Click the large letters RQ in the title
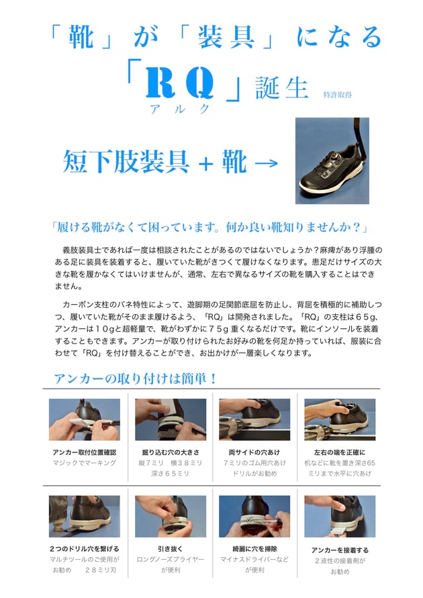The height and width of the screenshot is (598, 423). point(179,83)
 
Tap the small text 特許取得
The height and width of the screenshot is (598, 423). point(337,95)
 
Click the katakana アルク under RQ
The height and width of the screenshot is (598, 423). point(180,109)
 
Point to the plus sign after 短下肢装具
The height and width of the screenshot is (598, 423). point(205,163)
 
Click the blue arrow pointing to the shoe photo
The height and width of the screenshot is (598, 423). point(266,163)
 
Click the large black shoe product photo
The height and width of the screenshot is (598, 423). point(332,160)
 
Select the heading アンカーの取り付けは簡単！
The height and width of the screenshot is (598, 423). point(136,379)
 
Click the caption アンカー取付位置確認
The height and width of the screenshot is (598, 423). point(85,452)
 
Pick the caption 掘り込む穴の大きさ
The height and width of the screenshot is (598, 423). point(171,452)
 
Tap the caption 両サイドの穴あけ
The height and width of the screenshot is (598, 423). point(254,452)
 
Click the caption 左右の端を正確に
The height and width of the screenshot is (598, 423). point(340,452)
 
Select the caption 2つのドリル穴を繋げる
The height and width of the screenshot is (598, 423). point(85,549)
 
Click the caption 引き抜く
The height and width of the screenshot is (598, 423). point(171,549)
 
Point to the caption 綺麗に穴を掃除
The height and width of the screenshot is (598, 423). point(254,549)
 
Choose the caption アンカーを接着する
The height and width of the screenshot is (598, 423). point(340,550)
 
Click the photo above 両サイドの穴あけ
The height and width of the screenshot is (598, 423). point(254,419)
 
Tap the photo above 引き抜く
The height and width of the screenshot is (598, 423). point(171,516)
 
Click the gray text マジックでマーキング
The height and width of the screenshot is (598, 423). point(85,462)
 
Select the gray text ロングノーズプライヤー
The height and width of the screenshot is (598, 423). point(171,559)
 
